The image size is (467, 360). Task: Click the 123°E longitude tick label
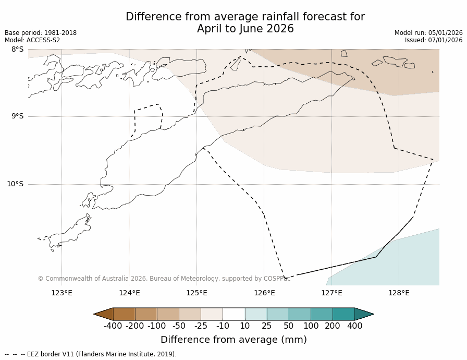pos(62,293)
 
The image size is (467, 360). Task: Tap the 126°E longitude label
pos(264,293)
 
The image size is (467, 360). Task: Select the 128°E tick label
pos(399,293)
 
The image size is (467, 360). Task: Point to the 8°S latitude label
pos(17,50)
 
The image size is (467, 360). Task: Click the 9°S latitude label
pos(17,116)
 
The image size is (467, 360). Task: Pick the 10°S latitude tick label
pos(15,184)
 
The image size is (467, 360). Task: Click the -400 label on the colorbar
pos(113,326)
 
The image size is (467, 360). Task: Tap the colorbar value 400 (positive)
pos(354,326)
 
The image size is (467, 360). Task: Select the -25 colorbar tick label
pos(201,326)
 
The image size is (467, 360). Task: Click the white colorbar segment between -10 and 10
pos(233,314)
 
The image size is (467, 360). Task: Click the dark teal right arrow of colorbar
pos(367,314)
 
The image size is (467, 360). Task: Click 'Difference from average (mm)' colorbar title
pos(233,340)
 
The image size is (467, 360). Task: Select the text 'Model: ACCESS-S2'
pos(32,40)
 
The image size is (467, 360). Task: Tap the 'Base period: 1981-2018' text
pos(41,33)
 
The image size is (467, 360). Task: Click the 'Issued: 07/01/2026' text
pos(434,40)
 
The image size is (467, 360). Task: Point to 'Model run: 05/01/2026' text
pos(428,33)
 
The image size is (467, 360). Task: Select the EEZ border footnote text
pos(91,354)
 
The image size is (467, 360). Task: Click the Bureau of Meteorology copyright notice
pos(164,279)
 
